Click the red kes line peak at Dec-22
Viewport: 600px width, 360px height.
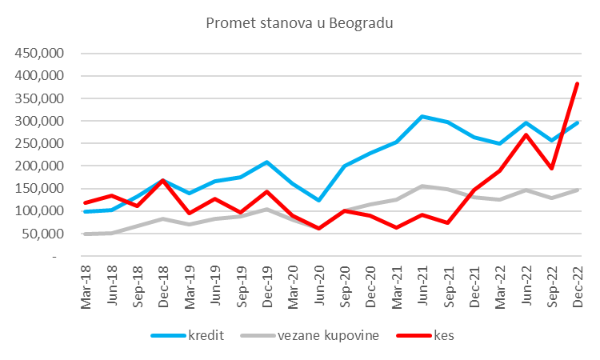(x=577, y=83)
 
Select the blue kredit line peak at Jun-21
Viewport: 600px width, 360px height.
(x=422, y=117)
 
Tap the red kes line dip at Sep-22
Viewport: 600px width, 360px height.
(x=551, y=169)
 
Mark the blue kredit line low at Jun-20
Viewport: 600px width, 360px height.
(x=319, y=200)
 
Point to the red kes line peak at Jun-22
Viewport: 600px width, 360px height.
(x=526, y=134)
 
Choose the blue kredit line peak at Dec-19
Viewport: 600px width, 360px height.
(x=267, y=162)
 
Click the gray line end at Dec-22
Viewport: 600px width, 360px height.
(x=577, y=190)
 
